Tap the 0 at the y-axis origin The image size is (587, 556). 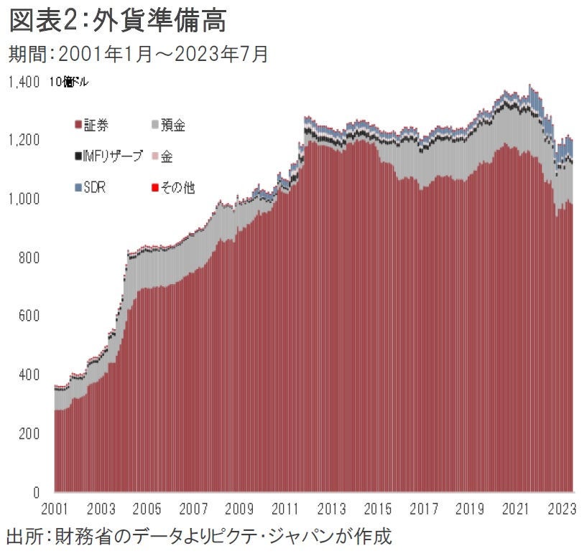[x=35, y=493]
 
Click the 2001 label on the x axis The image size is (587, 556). [x=55, y=511]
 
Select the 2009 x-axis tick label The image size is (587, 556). [x=240, y=511]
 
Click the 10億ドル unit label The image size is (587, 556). [x=69, y=82]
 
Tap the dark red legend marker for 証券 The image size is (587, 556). [x=78, y=126]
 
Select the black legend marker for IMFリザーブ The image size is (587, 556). [x=78, y=156]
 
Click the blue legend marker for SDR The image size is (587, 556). [x=78, y=187]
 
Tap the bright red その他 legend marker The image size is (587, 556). [x=155, y=187]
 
